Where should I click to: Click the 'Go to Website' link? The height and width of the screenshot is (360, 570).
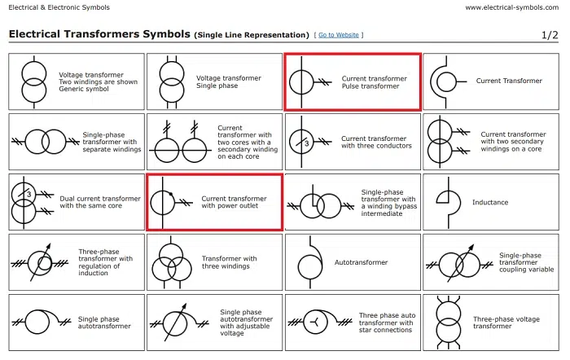(340, 35)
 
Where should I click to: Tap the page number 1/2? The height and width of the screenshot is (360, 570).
(550, 35)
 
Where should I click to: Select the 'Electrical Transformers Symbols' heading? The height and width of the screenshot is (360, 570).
(99, 35)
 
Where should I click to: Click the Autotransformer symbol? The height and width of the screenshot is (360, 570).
(310, 262)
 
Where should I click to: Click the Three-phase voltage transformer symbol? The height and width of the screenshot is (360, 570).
(447, 322)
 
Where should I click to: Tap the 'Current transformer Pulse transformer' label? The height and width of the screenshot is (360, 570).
(374, 82)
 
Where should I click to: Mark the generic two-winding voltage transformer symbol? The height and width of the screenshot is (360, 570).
(33, 81)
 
